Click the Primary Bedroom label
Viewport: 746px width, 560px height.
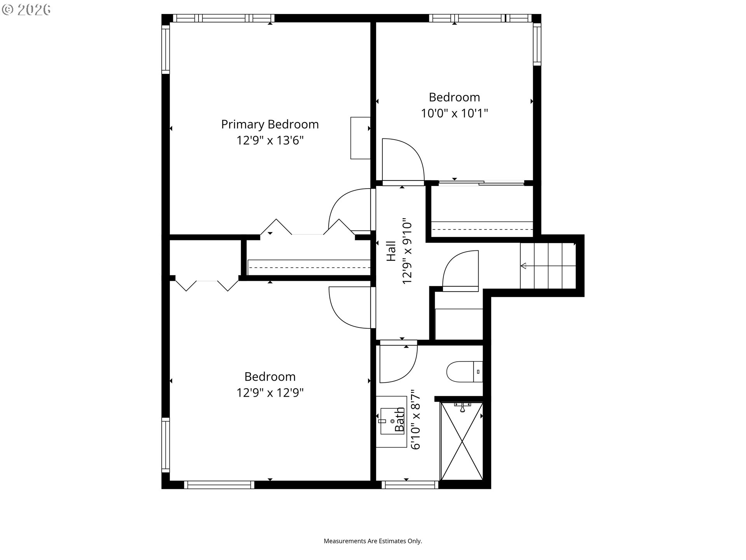tap(270, 124)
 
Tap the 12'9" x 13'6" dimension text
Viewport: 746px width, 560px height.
tap(270, 140)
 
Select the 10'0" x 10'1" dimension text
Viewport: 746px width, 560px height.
tap(454, 113)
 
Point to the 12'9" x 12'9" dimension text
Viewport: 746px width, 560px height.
tap(270, 393)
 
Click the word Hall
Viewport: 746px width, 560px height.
tap(391, 251)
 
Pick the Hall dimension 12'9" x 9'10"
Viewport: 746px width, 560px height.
tap(406, 251)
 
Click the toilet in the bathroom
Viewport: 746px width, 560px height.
tap(465, 372)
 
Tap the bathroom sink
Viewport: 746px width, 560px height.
tap(391, 422)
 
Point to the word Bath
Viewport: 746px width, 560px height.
tap(399, 420)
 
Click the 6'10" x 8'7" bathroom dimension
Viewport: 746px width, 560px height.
tap(415, 420)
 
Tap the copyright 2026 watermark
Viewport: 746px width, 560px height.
tap(26, 10)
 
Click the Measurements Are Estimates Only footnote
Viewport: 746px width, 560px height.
tap(373, 541)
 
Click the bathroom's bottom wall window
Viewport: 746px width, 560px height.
tap(410, 485)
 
